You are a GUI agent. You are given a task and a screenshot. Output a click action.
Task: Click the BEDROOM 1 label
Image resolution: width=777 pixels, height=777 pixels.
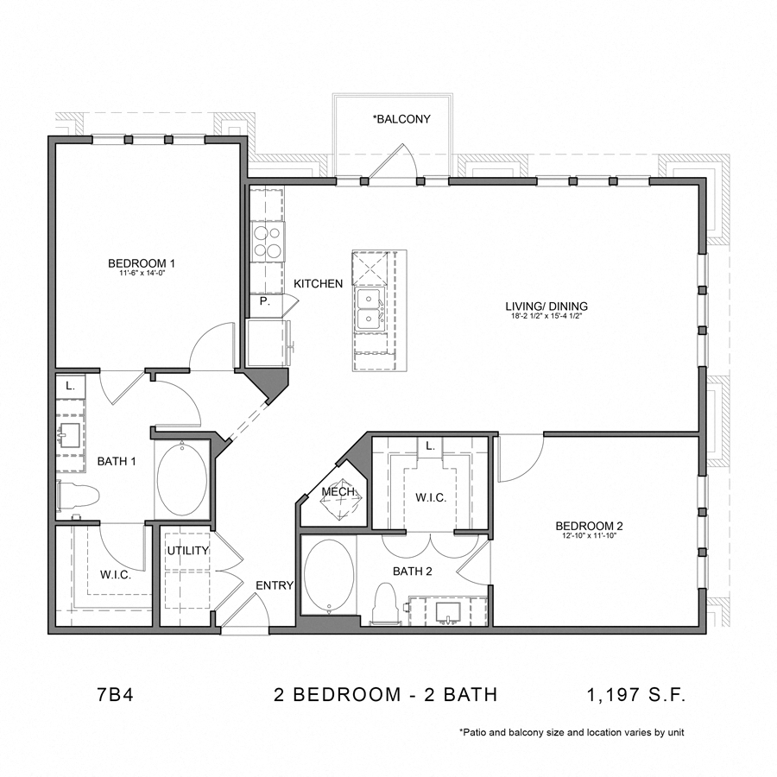pyautogui.click(x=142, y=263)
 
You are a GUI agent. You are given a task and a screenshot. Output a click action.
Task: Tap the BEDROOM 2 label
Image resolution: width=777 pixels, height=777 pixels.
pyautogui.click(x=589, y=526)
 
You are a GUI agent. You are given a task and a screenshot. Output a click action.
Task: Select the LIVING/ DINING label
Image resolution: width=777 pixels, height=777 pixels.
pyautogui.click(x=546, y=306)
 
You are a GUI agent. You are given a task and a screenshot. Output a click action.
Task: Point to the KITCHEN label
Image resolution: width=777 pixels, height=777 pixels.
pyautogui.click(x=318, y=284)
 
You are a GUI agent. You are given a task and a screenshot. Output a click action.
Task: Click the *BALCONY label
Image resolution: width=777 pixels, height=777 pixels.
pyautogui.click(x=401, y=119)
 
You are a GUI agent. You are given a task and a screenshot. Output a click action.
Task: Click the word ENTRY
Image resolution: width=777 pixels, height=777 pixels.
pyautogui.click(x=275, y=585)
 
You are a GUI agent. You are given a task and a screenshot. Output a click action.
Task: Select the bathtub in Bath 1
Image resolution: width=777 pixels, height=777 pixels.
pyautogui.click(x=182, y=480)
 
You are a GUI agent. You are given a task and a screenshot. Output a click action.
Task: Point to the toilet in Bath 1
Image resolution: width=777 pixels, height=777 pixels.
pyautogui.click(x=79, y=496)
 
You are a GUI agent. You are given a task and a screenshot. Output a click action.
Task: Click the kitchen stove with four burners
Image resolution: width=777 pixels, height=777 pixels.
pyautogui.click(x=268, y=241)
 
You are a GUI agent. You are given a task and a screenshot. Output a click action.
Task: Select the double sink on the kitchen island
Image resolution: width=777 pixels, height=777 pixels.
pyautogui.click(x=371, y=308)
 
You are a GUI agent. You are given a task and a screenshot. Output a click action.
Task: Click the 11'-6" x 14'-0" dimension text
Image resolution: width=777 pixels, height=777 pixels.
pyautogui.click(x=142, y=274)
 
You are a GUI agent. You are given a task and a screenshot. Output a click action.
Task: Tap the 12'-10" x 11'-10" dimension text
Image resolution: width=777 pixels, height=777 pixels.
pyautogui.click(x=589, y=536)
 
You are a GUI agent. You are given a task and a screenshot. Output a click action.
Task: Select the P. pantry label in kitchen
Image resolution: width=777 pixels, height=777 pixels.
pyautogui.click(x=264, y=302)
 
